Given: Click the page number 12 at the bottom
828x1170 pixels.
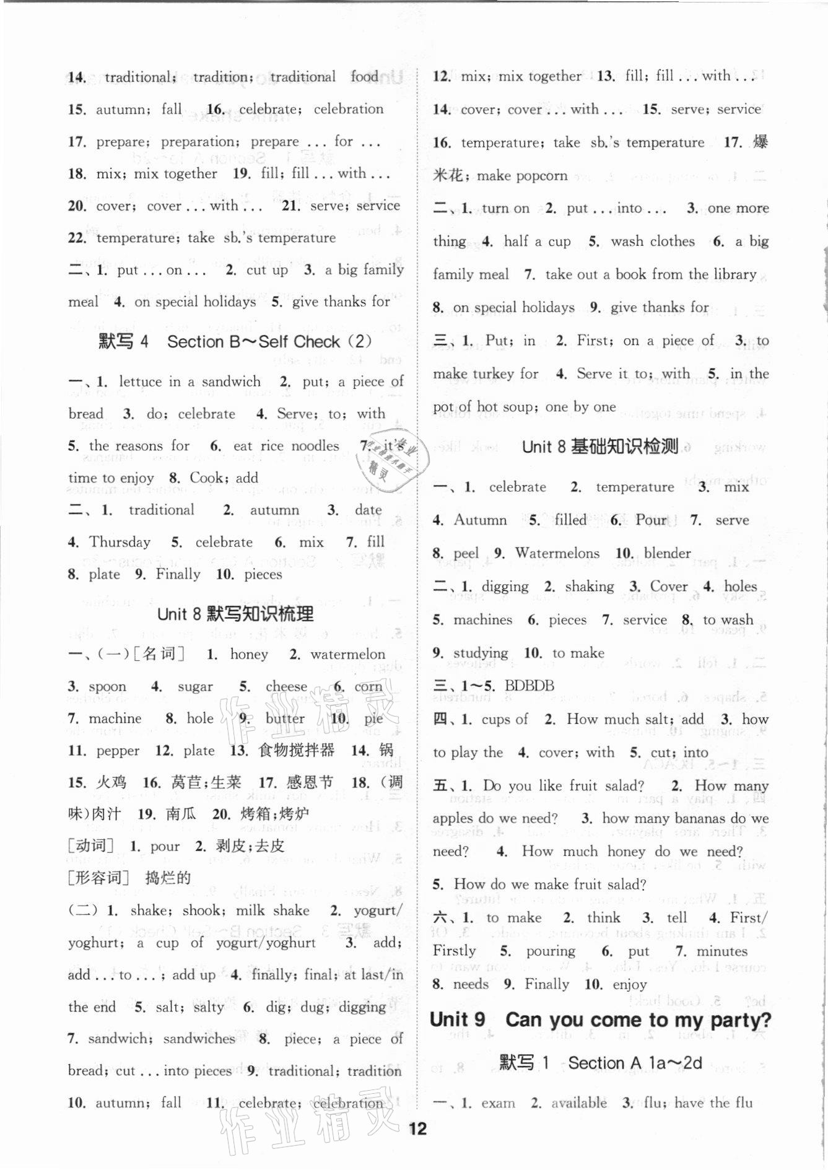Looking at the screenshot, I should [x=418, y=1129].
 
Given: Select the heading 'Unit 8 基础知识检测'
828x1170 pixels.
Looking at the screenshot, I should [x=599, y=447].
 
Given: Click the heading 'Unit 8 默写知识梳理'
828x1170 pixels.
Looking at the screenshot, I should [x=235, y=614].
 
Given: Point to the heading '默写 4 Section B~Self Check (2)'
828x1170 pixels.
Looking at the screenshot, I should [x=235, y=341].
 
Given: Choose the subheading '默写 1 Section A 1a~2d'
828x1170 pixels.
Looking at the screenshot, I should [x=600, y=1063].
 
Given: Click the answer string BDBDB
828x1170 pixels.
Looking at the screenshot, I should [x=529, y=686].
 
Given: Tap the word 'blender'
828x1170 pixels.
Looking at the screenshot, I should [x=667, y=553].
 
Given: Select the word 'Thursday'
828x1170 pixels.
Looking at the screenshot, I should [x=120, y=542].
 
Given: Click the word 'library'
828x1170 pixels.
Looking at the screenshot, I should [x=735, y=274].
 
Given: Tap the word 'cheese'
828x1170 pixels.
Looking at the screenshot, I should [x=286, y=686].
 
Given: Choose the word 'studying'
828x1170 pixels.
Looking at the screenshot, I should [x=481, y=653].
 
